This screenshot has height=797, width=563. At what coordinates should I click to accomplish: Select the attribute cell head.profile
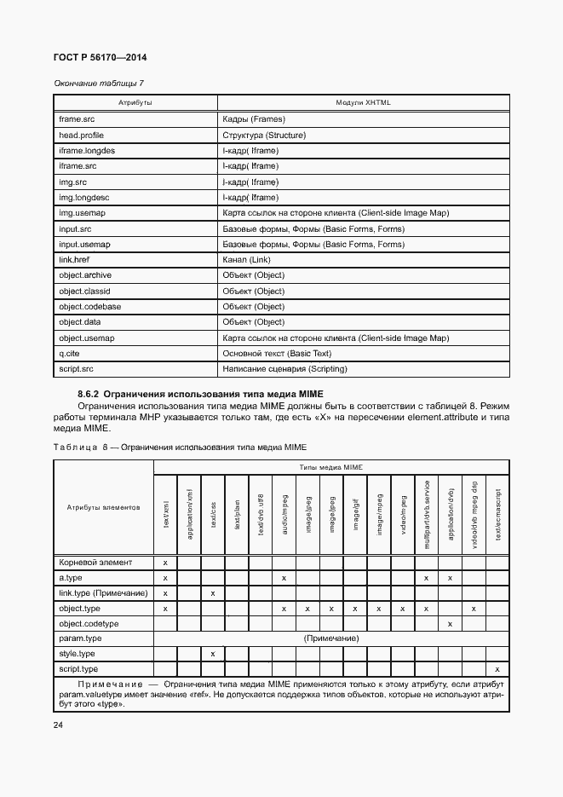82,136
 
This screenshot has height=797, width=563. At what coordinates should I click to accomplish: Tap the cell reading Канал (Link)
246,260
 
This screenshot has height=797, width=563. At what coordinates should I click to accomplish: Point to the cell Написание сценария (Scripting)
284,370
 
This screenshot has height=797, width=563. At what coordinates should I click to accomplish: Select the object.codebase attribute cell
89,307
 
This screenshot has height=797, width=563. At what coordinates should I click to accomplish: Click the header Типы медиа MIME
330,468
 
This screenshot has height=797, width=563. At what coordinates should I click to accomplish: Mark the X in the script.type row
497,670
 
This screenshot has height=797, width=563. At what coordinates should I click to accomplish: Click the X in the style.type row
213,654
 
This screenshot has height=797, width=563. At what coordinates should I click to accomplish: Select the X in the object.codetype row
450,624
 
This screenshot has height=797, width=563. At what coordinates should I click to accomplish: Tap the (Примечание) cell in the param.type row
330,638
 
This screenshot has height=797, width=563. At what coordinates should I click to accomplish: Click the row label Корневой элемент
96,563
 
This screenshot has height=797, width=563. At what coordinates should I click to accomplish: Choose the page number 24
59,725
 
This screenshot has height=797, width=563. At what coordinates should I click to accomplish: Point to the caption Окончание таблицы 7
99,83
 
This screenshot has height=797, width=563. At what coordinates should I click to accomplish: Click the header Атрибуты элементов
103,508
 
